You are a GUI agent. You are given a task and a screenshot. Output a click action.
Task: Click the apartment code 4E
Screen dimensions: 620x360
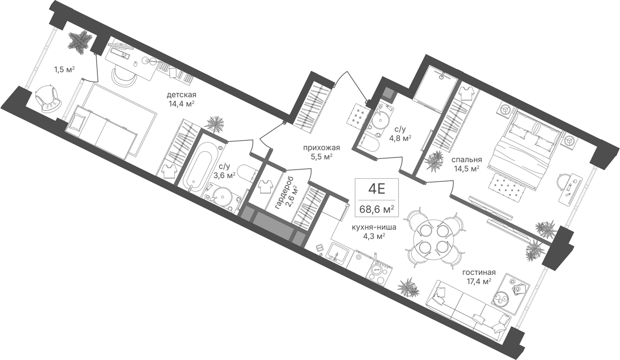[376, 190]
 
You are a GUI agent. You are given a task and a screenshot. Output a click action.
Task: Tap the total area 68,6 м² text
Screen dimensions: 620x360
[377, 209]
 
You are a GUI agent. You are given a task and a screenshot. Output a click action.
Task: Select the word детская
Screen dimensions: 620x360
[181, 95]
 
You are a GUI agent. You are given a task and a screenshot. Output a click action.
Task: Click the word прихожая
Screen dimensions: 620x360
[321, 148]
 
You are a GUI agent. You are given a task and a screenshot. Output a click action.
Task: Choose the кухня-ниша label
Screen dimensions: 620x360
[374, 228]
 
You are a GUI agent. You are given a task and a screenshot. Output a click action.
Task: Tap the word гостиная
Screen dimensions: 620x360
[479, 272]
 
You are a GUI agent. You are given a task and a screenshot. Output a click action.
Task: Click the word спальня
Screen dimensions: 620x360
[467, 160]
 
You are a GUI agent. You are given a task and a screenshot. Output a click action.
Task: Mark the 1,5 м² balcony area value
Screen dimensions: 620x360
[65, 69]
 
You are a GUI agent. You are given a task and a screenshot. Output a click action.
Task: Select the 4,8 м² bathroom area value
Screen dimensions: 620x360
[400, 138]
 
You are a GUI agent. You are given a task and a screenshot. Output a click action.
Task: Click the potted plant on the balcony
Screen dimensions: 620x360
[80, 43]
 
